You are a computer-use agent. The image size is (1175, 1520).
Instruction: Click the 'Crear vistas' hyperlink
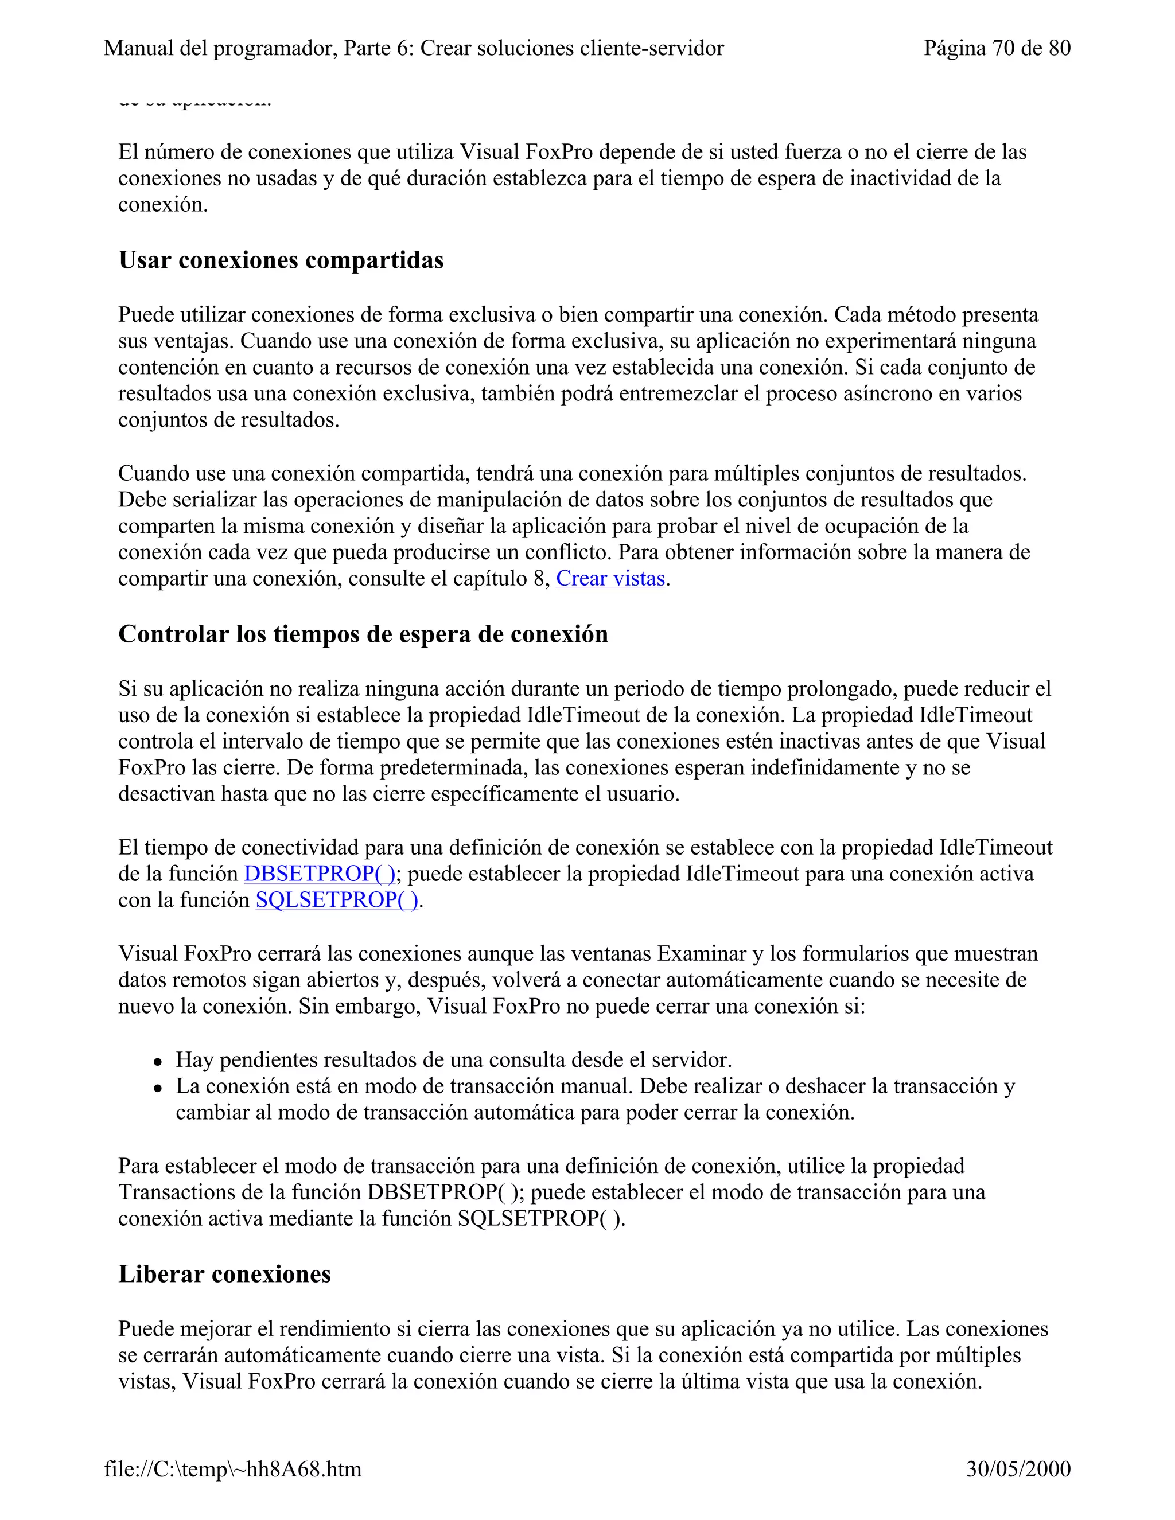coord(610,578)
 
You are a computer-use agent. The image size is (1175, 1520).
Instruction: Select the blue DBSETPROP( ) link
coord(319,874)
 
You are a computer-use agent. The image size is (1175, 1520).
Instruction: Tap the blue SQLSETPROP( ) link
coord(337,900)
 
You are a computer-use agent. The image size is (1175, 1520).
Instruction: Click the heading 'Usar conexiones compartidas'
coord(281,260)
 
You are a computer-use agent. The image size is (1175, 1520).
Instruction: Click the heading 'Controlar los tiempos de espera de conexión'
coord(363,634)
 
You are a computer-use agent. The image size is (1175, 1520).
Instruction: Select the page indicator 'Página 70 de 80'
coord(996,48)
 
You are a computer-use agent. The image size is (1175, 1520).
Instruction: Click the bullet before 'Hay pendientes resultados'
coord(159,1061)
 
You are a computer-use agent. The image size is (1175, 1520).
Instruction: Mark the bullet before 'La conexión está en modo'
coord(159,1088)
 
